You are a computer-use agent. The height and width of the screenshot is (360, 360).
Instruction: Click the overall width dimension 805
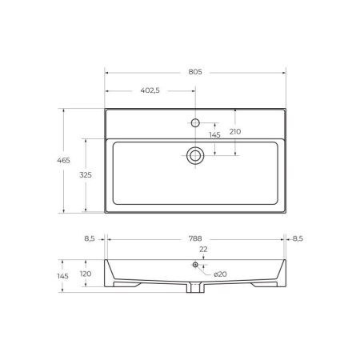[195, 71]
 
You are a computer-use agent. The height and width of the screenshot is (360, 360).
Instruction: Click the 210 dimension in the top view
[234, 132]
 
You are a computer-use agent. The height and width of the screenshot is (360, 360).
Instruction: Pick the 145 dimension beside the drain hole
[214, 135]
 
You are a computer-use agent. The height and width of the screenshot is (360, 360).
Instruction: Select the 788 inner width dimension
[195, 238]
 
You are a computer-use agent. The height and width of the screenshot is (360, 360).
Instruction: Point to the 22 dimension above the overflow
[203, 249]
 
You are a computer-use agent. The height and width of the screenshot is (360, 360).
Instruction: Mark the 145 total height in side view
[63, 276]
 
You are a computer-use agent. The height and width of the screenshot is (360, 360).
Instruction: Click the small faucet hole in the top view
[194, 122]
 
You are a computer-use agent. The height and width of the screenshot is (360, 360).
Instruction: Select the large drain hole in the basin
[194, 155]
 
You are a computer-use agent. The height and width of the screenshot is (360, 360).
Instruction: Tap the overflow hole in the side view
[194, 265]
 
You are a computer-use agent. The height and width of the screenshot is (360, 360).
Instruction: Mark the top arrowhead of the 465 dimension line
[63, 111]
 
